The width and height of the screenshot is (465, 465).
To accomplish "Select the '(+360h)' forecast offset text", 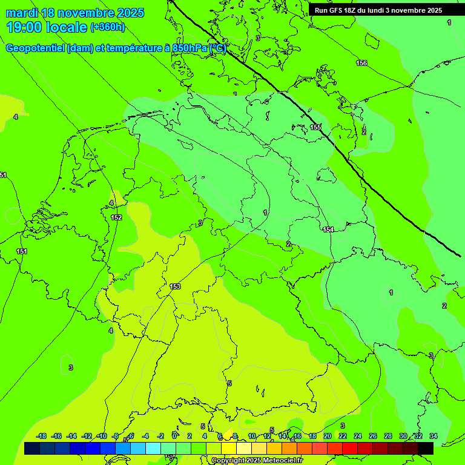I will [x=107, y=27].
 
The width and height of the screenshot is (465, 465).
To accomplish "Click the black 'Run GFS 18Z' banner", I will [x=378, y=10].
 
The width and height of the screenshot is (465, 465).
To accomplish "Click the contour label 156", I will [x=361, y=63].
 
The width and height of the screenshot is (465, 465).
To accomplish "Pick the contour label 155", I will [x=315, y=127].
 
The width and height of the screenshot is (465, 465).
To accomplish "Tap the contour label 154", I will [x=328, y=229].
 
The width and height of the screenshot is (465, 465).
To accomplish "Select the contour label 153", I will [x=175, y=286].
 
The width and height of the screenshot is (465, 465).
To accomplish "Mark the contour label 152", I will [x=116, y=217].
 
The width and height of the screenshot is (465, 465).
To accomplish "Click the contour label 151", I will [x=22, y=251].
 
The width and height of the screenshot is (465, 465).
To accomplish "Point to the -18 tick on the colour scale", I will [x=42, y=436].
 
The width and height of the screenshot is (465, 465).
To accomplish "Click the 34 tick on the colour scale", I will [x=434, y=436].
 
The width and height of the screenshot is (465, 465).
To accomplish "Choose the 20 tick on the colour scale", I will [x=327, y=436].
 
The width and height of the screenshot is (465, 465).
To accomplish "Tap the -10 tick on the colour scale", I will [x=102, y=436].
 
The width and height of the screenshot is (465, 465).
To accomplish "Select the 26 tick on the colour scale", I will [x=373, y=436].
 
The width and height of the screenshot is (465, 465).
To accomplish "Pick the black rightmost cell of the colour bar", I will [x=426, y=448].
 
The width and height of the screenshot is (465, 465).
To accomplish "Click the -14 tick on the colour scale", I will [x=72, y=436].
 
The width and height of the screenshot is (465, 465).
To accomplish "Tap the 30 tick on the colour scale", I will [x=403, y=436].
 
